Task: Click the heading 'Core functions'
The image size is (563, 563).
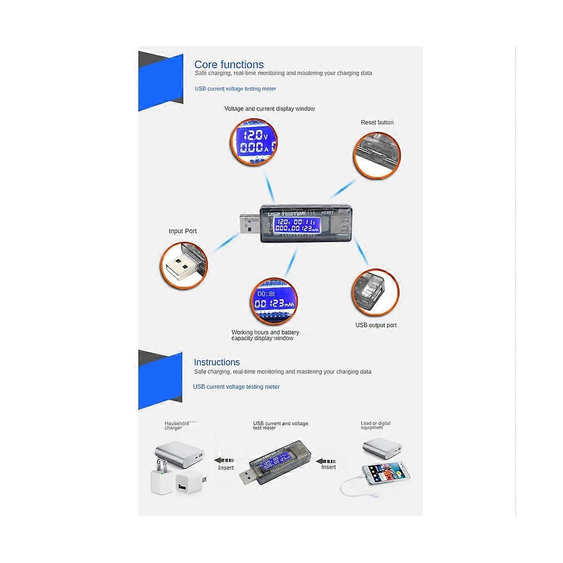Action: point(229,65)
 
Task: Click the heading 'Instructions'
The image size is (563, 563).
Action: point(217,362)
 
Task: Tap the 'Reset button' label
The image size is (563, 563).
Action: point(377,122)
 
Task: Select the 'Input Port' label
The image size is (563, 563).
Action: point(183,231)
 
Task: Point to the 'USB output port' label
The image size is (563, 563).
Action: point(376,325)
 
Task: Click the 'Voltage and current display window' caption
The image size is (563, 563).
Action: point(269,109)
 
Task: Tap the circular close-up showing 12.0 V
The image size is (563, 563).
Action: point(254,142)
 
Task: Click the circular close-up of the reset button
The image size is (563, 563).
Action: point(377,155)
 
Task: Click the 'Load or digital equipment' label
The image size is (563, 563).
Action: point(375,425)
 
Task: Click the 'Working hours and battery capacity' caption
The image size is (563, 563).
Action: point(265,335)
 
